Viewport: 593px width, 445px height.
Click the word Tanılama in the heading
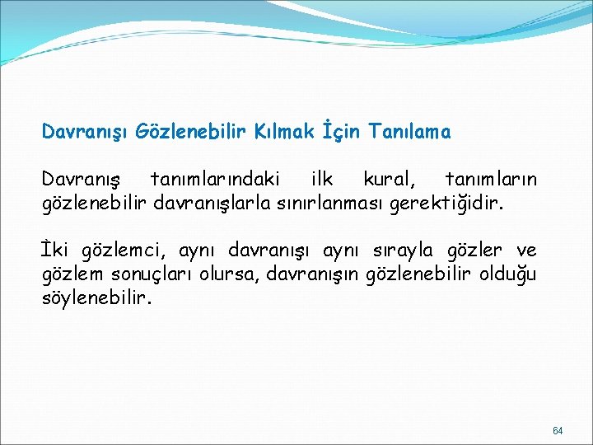[410, 131]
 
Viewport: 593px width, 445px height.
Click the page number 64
[558, 431]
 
